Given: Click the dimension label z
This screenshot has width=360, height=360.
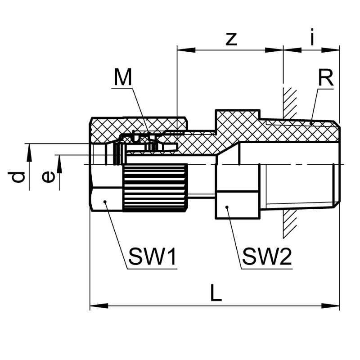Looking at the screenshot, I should tap(230, 39).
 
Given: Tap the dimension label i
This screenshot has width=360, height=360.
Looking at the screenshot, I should tap(312, 38).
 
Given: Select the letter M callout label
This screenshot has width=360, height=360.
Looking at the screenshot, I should tap(122, 78).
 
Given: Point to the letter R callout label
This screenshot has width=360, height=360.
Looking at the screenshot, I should tap(325, 78).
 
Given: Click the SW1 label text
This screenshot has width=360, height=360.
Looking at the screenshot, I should tap(152, 257).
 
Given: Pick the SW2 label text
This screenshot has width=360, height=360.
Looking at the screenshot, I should tap(266, 257).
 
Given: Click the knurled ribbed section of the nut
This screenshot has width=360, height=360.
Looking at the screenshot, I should tap(155, 187).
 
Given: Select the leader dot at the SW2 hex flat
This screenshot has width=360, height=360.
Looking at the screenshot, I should tap(228, 207).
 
